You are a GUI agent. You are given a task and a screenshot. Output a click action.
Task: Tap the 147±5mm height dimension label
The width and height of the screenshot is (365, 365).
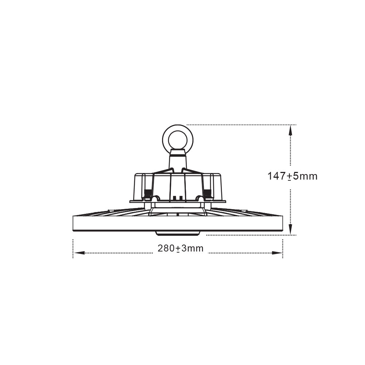coord(292,176)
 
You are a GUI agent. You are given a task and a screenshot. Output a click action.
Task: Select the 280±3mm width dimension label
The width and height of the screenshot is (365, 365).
coord(180,249)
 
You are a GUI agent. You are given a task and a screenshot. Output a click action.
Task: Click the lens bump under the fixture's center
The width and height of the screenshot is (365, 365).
coord(178,233)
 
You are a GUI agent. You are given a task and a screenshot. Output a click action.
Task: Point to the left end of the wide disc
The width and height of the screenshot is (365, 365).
coord(74,223)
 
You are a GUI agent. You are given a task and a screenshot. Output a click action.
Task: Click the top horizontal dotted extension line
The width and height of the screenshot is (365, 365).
coord(241,124)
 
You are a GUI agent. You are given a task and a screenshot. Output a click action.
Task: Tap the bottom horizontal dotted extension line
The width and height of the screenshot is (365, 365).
coord(248,235)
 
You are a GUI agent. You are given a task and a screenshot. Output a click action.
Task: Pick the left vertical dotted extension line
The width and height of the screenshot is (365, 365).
coord(73,248)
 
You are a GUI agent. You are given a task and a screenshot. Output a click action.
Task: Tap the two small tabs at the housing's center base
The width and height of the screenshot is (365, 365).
coord(178,198)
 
